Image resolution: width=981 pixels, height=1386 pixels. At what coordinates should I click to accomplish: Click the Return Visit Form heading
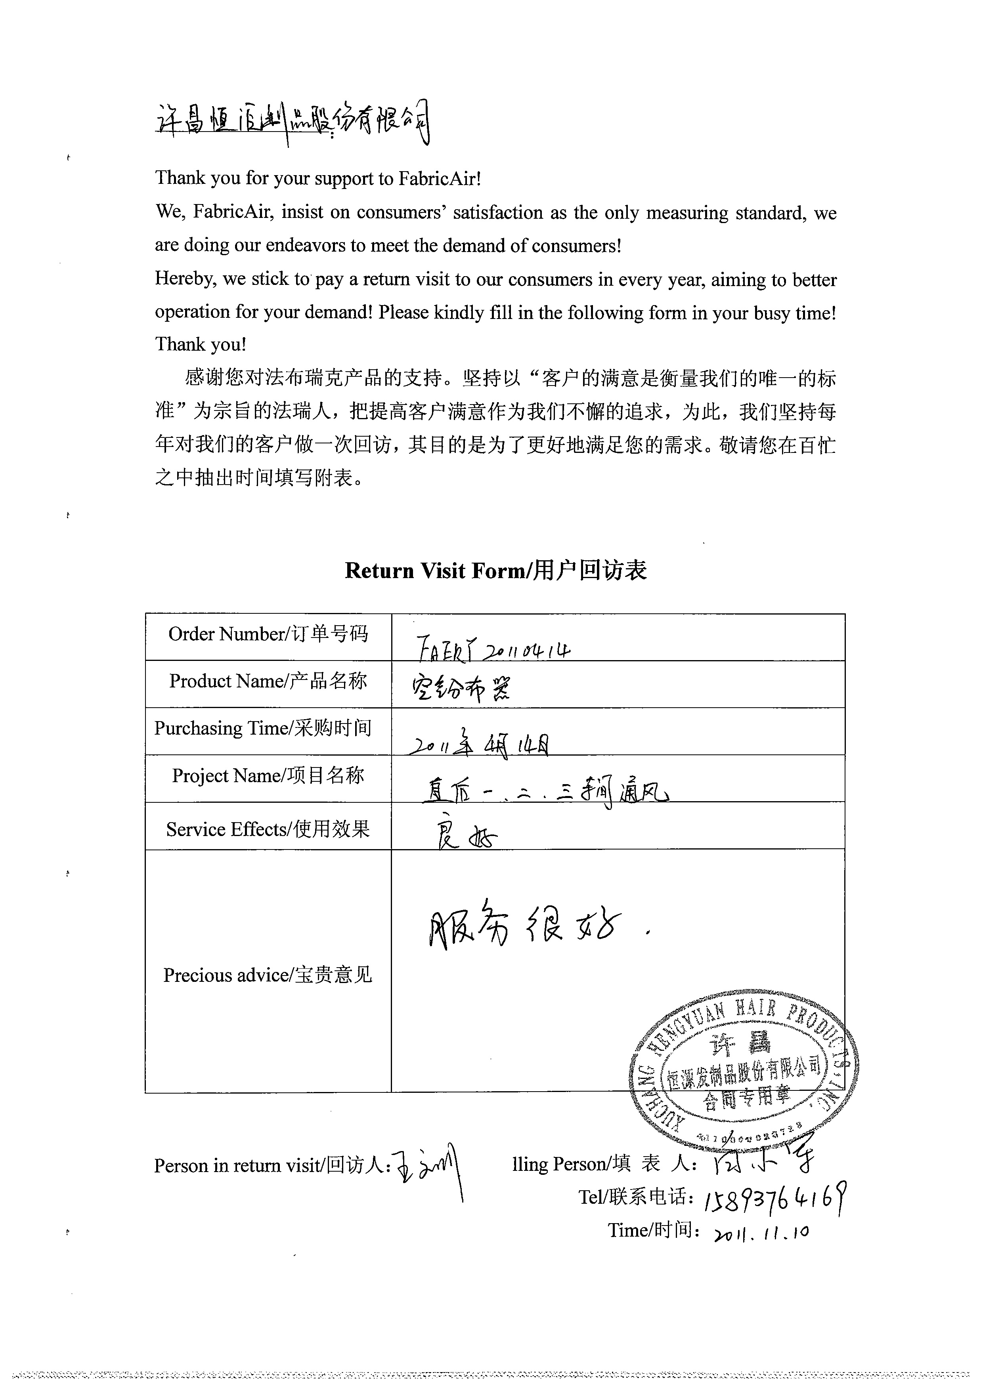495,571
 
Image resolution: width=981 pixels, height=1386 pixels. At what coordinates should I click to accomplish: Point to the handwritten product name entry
461,689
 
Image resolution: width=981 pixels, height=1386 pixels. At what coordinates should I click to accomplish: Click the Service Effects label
268,830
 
